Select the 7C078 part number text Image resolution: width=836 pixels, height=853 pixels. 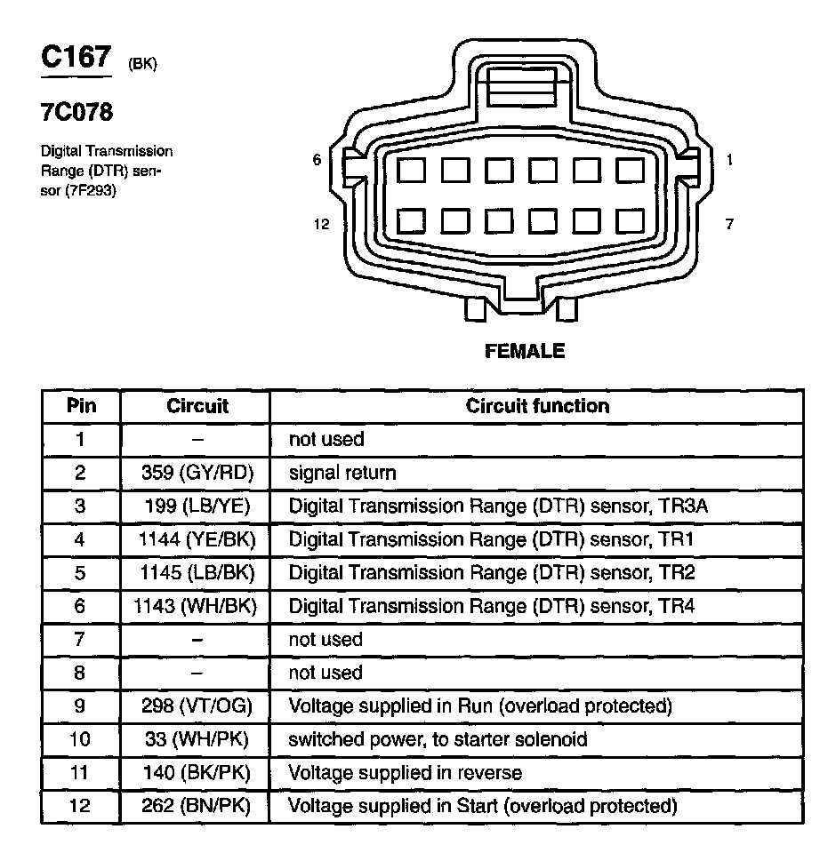[76, 114]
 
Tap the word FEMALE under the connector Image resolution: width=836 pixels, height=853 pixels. [525, 351]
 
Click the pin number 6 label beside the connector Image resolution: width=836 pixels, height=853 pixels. [317, 160]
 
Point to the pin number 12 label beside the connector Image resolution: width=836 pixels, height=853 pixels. [321, 224]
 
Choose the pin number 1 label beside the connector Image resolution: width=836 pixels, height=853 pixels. [729, 160]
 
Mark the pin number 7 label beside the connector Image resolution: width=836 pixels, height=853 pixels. [729, 224]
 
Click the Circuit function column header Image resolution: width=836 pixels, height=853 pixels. [537, 406]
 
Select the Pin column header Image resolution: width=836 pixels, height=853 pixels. [80, 406]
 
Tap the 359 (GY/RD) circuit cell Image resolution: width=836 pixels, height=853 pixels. [197, 473]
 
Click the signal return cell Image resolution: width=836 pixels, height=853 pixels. [342, 473]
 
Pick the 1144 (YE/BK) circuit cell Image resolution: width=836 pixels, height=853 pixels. [197, 539]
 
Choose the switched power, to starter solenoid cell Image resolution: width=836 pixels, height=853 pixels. [438, 739]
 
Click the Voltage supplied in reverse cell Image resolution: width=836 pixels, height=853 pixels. [405, 773]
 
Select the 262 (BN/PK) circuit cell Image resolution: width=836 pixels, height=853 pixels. [197, 807]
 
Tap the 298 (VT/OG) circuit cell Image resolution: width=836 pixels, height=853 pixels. [197, 706]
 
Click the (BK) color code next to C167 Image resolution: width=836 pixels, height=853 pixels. [142, 64]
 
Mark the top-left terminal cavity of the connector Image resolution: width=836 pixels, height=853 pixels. [412, 169]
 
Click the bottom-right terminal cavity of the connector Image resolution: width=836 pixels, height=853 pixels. [630, 220]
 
